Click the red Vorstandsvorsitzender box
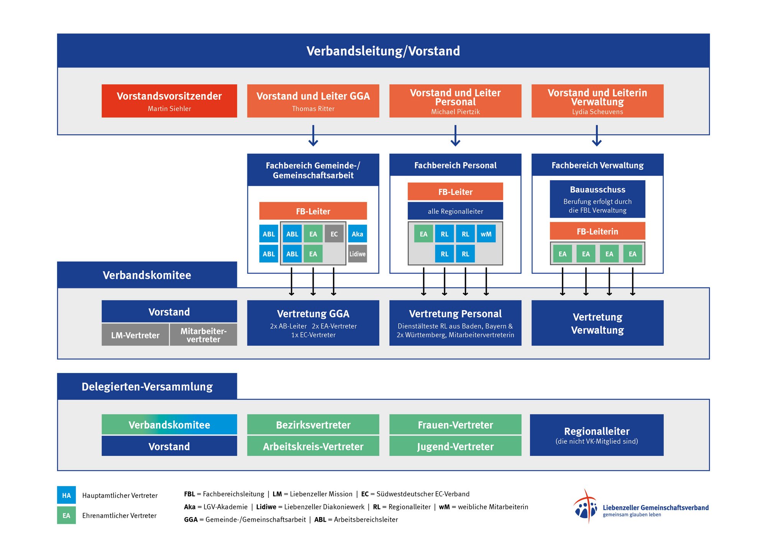169,101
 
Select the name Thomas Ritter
313,109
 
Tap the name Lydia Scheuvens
597,112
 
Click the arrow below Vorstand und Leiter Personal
455,136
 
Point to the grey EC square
334,234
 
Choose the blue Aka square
357,234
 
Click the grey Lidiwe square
357,254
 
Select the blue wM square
486,234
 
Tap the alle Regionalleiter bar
455,211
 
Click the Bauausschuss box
597,199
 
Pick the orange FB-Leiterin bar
597,231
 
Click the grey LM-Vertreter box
135,335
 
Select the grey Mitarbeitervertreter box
203,335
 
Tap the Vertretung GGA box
313,323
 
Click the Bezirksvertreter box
313,424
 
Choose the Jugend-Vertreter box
455,446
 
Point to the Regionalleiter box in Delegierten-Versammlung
597,435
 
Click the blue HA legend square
66,495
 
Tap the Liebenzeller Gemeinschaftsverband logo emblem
585,507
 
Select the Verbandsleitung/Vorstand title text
383,51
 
